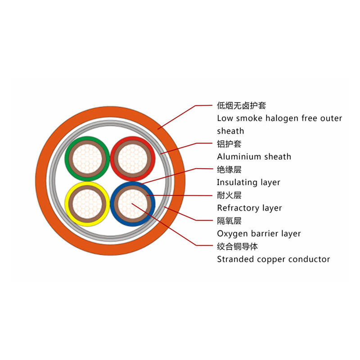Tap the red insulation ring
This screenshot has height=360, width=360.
tap(153, 157)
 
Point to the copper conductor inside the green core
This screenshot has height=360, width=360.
tap(87, 158)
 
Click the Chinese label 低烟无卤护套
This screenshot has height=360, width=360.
tap(241, 106)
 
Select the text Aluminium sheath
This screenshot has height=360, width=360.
tap(254, 157)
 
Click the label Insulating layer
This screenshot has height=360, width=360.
tap(248, 182)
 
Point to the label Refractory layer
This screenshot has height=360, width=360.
tap(249, 208)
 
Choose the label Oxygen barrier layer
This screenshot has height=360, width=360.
tap(259, 234)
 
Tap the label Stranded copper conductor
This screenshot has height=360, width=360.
tap(273, 259)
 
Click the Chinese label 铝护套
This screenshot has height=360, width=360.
tap(229, 144)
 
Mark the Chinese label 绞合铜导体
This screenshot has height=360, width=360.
tap(237, 247)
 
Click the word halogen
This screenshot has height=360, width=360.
tap(283, 118)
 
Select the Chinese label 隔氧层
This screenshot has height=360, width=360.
tap(229, 221)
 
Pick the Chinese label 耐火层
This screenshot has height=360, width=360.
tap(229, 195)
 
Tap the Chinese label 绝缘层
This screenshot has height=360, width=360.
tap(229, 170)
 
